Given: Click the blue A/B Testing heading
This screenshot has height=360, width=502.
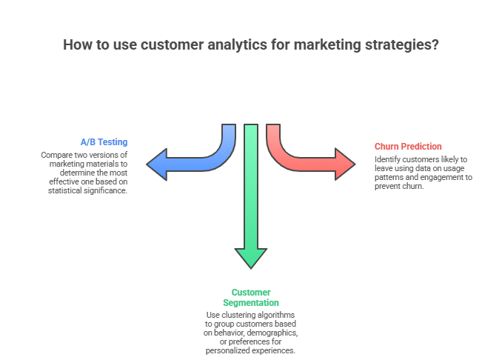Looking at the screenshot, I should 104,141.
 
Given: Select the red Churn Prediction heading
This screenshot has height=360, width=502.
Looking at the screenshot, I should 408,146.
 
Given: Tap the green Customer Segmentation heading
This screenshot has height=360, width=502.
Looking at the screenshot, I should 251,298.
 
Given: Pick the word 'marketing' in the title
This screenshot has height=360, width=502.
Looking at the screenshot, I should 328,44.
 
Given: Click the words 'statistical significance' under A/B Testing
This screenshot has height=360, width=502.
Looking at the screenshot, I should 86,190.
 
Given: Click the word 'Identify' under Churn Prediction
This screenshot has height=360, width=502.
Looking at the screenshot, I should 387,159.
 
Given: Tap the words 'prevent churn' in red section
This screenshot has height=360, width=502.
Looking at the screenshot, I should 399,187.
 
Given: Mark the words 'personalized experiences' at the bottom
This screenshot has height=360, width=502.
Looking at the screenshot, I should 251,350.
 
